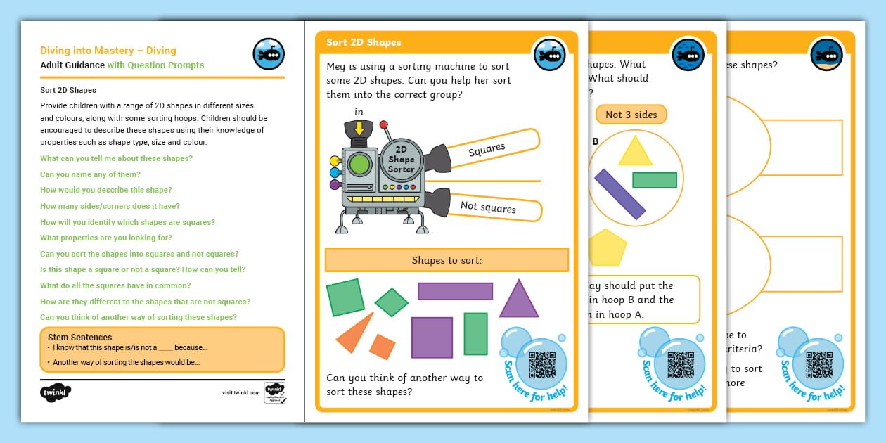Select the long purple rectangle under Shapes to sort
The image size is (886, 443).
point(455,291)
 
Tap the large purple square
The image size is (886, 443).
point(432,338)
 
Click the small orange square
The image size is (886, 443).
point(383,346)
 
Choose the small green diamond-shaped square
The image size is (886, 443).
point(392,302)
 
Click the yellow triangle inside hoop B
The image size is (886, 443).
point(636,152)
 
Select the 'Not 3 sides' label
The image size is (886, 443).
point(631,115)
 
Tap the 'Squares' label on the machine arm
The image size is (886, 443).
point(487,149)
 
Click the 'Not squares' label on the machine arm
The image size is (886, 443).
point(488,207)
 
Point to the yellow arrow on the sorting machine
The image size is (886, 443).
point(359,129)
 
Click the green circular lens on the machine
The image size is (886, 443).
point(360,165)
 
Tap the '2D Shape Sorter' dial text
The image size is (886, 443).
point(402,160)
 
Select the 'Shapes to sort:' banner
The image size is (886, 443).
point(447,260)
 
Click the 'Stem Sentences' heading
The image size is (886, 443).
point(80,338)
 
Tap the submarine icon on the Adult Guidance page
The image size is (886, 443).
point(269,53)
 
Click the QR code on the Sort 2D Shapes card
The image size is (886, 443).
point(541,366)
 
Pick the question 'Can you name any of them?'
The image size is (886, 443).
point(90,174)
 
